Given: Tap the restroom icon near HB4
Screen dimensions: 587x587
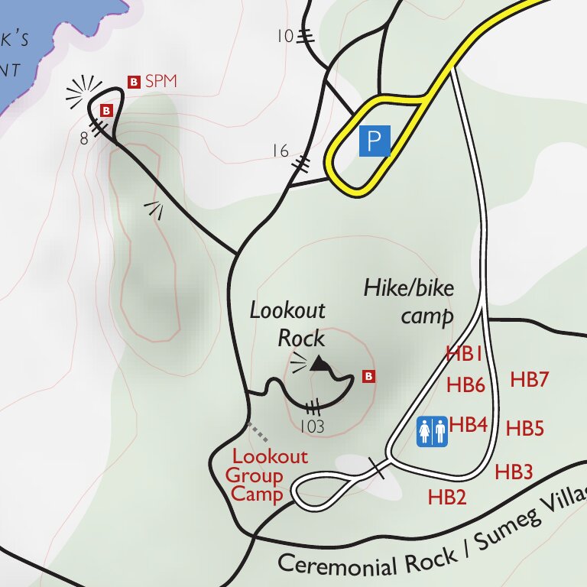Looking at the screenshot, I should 431,431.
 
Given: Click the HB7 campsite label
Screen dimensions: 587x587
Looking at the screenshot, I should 530,379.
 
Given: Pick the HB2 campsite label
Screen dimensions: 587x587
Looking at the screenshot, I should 447,498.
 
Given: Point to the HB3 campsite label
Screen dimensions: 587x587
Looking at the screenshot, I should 514,472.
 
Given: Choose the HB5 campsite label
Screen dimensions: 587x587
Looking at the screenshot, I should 524,429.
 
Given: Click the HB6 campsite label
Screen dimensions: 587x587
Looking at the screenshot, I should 465,385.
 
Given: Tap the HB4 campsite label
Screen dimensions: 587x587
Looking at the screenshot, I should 469,424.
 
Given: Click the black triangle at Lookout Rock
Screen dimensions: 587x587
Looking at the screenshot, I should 319,364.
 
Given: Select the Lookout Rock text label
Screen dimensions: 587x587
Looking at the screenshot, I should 289,324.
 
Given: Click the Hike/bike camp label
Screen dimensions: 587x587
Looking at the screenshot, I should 409,301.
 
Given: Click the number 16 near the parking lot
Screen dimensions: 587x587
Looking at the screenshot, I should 281,151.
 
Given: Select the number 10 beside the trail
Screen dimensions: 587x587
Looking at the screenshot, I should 284,35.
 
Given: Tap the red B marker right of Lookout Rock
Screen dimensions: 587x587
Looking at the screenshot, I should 368,376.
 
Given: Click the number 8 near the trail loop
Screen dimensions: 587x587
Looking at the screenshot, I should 84,138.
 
